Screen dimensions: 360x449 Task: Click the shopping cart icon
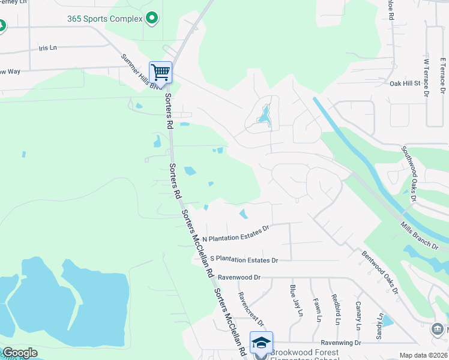(160, 73)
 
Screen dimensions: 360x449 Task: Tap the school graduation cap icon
(261, 343)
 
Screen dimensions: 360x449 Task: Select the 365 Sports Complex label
(105, 19)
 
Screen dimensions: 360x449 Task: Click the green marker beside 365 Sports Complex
(151, 19)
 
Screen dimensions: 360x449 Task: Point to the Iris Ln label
(47, 47)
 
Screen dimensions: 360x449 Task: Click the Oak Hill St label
(404, 84)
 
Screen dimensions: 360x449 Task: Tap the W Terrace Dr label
(427, 77)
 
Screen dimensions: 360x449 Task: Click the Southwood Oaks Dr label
(410, 175)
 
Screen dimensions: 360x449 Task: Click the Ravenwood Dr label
(239, 277)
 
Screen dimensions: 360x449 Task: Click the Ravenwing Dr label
(340, 343)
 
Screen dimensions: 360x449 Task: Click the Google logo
(19, 353)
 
